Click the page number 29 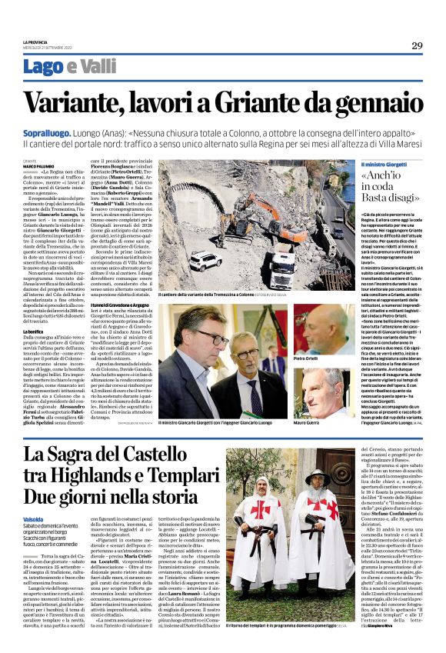click(x=416, y=45)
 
